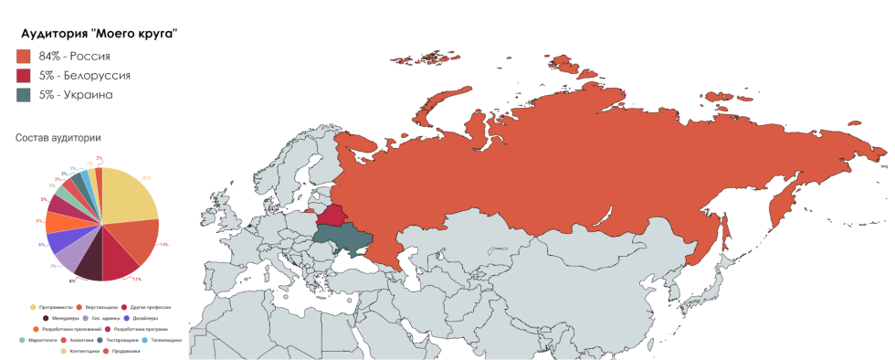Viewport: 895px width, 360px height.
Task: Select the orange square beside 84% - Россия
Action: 24,56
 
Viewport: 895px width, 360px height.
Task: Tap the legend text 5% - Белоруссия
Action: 84,75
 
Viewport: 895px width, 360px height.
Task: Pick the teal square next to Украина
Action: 24,94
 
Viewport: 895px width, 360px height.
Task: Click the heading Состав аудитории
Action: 58,137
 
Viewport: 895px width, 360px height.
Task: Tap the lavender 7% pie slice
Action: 69,257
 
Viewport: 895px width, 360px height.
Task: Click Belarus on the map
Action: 330,217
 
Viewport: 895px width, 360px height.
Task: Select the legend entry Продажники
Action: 126,351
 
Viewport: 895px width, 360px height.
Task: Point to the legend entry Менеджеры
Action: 64,318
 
